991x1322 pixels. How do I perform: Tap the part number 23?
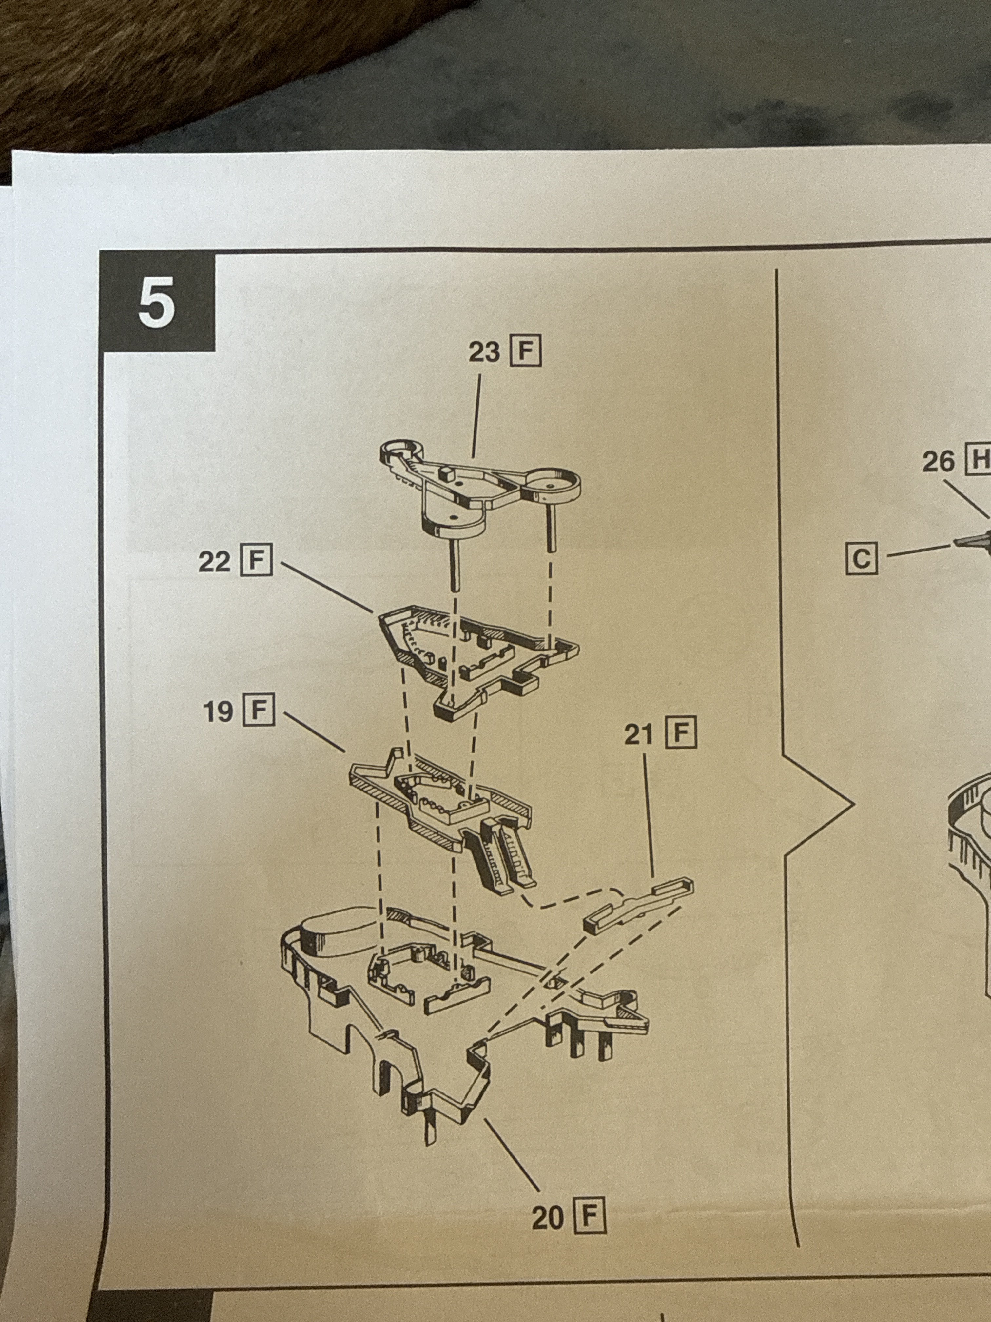point(484,352)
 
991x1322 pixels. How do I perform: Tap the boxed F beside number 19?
point(259,711)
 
